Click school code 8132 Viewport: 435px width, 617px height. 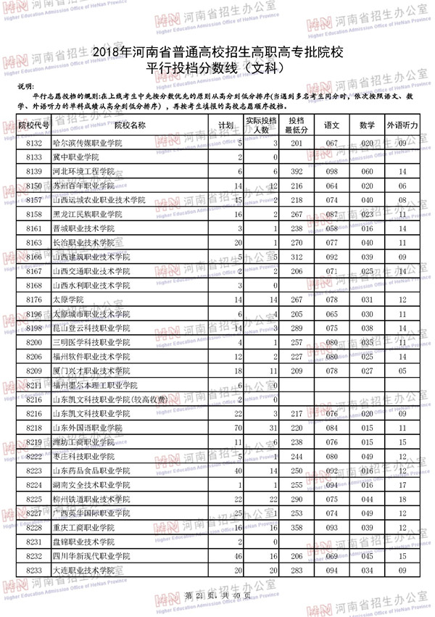[x=34, y=144]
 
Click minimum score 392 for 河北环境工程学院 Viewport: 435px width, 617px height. [x=296, y=171]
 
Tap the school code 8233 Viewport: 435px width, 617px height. [x=34, y=571]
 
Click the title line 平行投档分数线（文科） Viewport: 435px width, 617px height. [x=217, y=69]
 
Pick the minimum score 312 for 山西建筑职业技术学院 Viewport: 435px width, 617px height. [x=296, y=257]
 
